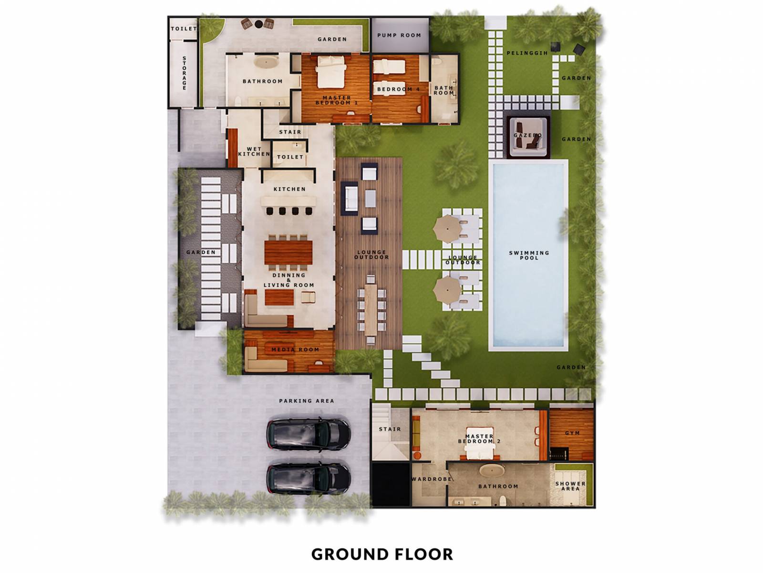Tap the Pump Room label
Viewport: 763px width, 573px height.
click(x=399, y=35)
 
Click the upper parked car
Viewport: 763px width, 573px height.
click(x=309, y=434)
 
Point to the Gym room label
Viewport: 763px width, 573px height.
click(x=572, y=433)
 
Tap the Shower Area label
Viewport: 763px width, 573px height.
click(x=570, y=486)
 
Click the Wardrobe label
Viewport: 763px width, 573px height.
click(x=432, y=478)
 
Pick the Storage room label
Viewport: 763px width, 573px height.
click(x=184, y=73)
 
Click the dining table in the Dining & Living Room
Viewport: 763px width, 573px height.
click(x=289, y=252)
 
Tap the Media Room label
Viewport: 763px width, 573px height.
click(x=295, y=350)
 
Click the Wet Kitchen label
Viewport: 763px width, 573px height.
click(x=254, y=152)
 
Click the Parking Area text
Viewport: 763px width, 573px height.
click(x=306, y=401)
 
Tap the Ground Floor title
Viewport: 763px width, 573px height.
click(x=382, y=554)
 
